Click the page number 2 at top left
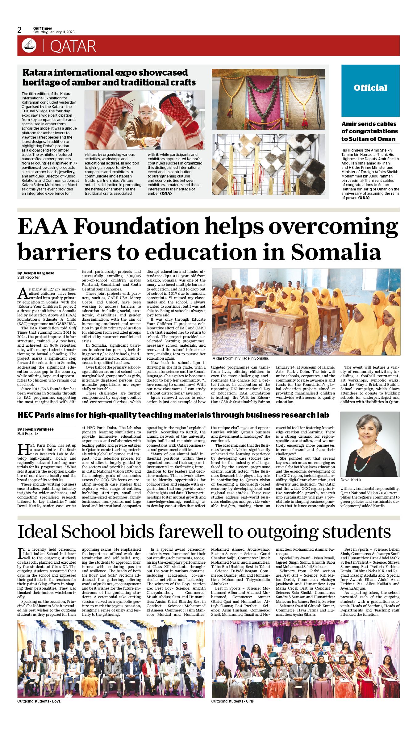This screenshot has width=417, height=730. (x=20, y=30)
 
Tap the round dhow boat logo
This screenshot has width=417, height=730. (x=29, y=46)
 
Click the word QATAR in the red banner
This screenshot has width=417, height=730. (x=73, y=46)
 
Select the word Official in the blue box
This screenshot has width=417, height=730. (x=370, y=88)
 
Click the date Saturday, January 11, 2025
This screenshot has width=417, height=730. (x=54, y=32)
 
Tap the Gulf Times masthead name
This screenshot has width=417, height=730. (x=43, y=28)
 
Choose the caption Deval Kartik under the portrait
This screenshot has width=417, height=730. (x=351, y=480)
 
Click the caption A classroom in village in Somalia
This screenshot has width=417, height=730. (x=240, y=358)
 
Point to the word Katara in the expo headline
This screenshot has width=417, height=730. (x=37, y=73)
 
